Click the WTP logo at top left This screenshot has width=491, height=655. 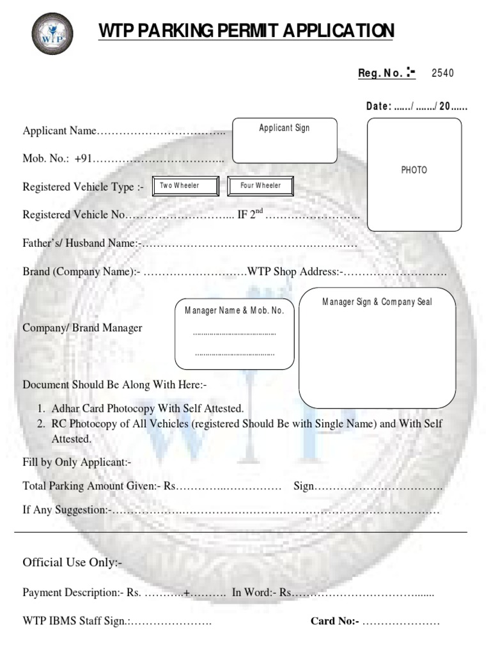[x=52, y=34]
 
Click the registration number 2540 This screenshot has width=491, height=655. [x=442, y=73]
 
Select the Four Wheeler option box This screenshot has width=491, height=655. [x=260, y=186]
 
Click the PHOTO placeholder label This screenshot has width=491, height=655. [x=414, y=170]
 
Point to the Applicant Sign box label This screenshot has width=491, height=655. [x=284, y=128]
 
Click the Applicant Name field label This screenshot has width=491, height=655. [x=59, y=131]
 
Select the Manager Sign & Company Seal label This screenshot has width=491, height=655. [x=377, y=301]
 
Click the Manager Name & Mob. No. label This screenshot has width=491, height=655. [x=234, y=310]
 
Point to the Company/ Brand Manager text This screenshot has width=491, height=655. [x=82, y=328]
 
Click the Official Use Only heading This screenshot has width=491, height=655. [x=72, y=563]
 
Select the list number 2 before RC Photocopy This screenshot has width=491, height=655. [x=40, y=423]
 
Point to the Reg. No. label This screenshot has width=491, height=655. [x=382, y=73]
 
